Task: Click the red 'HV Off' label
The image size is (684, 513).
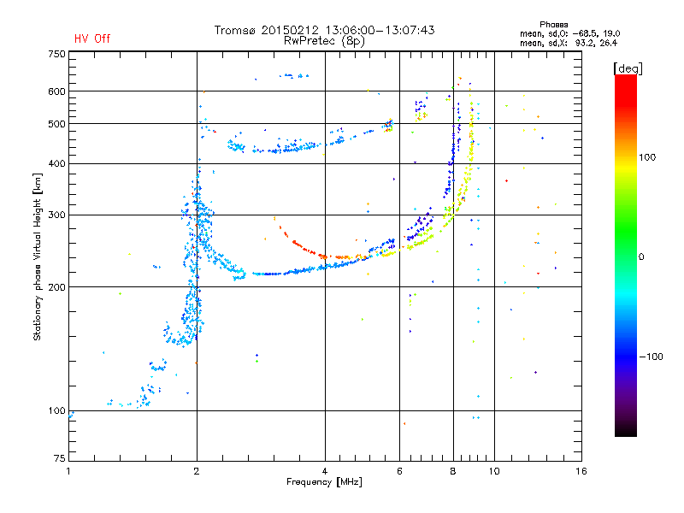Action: point(92,38)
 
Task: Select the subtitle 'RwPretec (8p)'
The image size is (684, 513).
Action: point(324,41)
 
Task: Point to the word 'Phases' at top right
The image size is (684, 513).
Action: point(553,25)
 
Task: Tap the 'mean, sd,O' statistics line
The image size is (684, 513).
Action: point(569,33)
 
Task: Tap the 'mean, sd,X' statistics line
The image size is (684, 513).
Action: point(569,44)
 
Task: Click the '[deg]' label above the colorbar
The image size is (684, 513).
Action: point(628,68)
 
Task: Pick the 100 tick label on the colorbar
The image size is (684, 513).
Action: point(647,157)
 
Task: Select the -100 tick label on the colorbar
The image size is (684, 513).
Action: point(652,357)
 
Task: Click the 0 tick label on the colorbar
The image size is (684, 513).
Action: point(641,257)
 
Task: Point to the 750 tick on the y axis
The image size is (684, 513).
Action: point(56,54)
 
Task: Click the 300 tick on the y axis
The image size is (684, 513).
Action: point(56,215)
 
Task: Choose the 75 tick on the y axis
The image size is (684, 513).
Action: point(60,458)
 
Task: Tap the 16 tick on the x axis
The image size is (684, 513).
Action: point(581,471)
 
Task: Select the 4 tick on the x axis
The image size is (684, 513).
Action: point(325,471)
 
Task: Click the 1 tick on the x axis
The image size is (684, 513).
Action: point(69,471)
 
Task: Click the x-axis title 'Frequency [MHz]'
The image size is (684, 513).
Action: point(324,482)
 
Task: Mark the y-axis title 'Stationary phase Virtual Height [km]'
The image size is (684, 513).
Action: point(38,257)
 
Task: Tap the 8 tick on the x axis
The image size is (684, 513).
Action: point(453,471)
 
